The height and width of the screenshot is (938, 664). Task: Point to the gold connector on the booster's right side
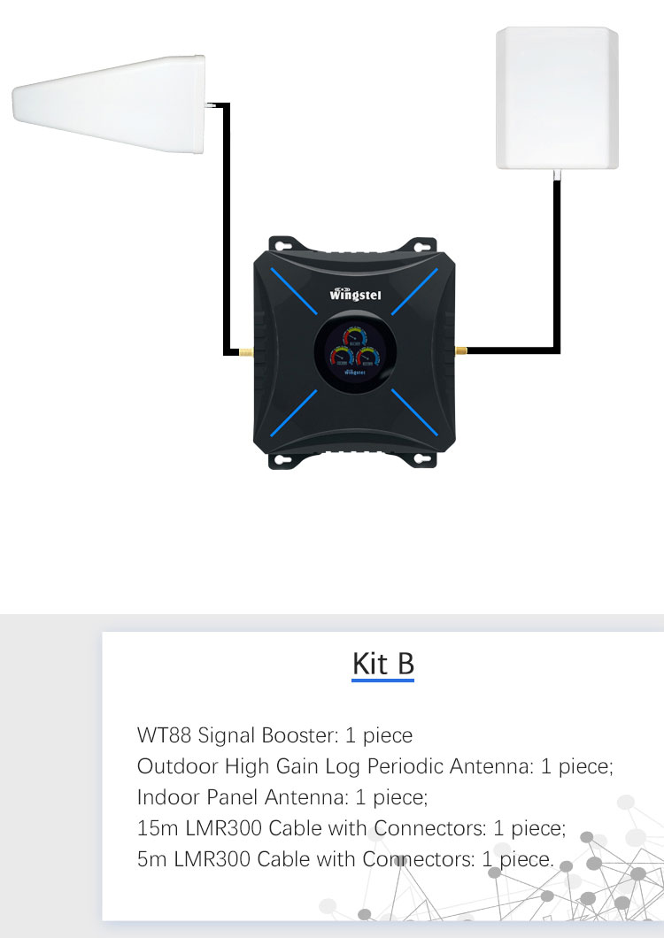(x=459, y=351)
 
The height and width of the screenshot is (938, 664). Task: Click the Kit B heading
(x=382, y=664)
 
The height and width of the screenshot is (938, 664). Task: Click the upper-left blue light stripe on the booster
(x=296, y=293)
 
